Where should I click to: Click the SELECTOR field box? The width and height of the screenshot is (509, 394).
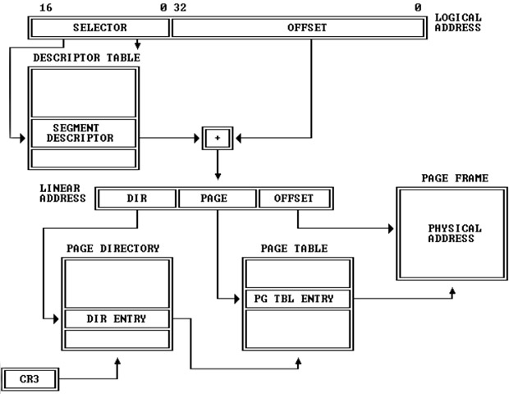pyautogui.click(x=99, y=28)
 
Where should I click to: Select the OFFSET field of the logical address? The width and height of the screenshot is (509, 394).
pyautogui.click(x=307, y=28)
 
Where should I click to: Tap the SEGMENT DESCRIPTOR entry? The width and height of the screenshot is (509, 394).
pyautogui.click(x=83, y=133)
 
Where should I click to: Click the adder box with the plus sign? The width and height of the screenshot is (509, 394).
pyautogui.click(x=218, y=138)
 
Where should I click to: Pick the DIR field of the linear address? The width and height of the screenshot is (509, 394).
pyautogui.click(x=136, y=198)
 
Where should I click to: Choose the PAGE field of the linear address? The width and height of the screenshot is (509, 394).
pyautogui.click(x=217, y=198)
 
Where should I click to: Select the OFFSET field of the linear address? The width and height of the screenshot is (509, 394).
pyautogui.click(x=296, y=198)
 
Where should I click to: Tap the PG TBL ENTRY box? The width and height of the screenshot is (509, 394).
pyautogui.click(x=296, y=298)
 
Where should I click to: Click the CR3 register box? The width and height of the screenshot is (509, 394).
pyautogui.click(x=30, y=378)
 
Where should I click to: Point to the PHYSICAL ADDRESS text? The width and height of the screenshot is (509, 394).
pyautogui.click(x=455, y=233)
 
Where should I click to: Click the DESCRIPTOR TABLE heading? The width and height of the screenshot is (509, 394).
pyautogui.click(x=86, y=57)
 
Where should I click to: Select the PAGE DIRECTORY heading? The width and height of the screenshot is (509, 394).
pyautogui.click(x=112, y=248)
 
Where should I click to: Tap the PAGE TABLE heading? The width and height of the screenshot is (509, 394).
pyautogui.click(x=294, y=248)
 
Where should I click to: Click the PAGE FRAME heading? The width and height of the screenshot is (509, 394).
pyautogui.click(x=455, y=177)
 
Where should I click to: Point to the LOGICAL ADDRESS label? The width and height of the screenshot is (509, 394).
pyautogui.click(x=458, y=22)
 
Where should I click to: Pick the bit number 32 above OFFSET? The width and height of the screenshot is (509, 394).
pyautogui.click(x=179, y=7)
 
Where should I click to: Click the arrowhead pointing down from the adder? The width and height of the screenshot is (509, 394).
pyautogui.click(x=218, y=175)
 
